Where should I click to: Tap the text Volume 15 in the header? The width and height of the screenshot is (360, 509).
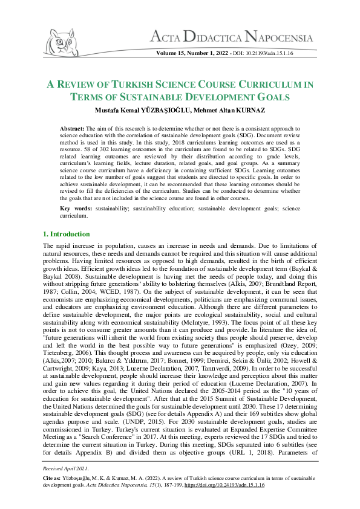172,54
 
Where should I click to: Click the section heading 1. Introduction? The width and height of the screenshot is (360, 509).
67,233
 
